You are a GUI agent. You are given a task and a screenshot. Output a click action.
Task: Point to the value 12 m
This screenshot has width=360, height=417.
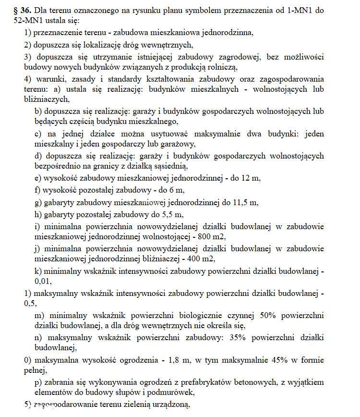251,178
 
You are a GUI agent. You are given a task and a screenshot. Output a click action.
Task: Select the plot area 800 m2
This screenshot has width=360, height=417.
210,237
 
